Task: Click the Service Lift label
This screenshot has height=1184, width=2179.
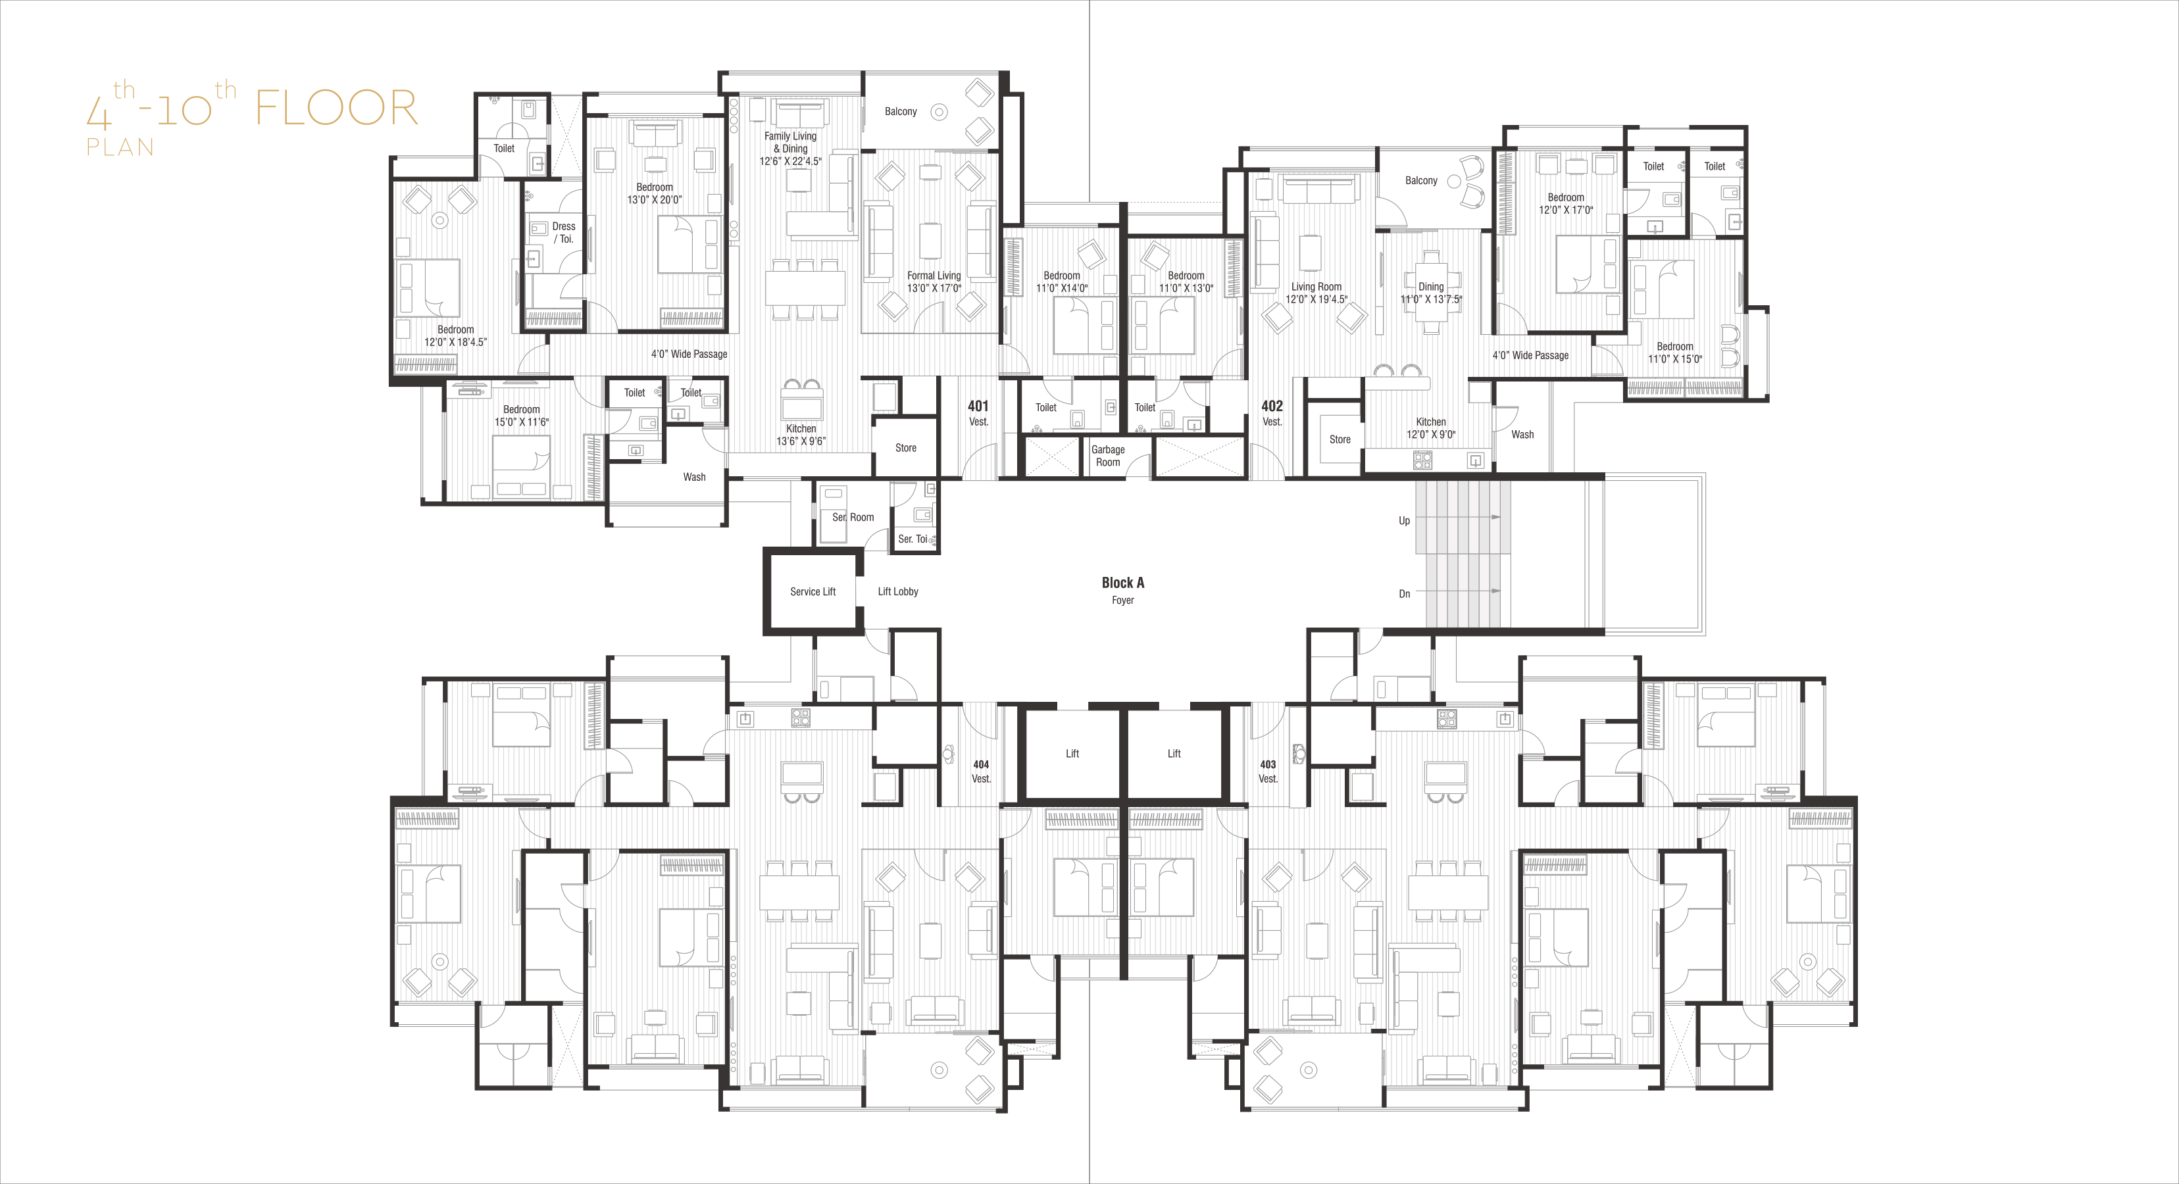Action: pyautogui.click(x=813, y=592)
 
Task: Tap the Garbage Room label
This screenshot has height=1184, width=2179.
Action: pyautogui.click(x=1108, y=456)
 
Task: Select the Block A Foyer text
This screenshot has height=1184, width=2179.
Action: pyautogui.click(x=1122, y=590)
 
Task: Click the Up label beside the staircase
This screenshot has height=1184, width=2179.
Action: pyautogui.click(x=1404, y=521)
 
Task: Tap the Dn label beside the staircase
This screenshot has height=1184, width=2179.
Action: pyautogui.click(x=1404, y=594)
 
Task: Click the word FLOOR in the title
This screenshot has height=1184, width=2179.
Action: pyautogui.click(x=337, y=109)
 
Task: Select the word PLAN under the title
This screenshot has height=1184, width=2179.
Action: pyautogui.click(x=120, y=147)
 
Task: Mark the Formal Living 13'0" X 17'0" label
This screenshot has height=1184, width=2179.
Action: pyautogui.click(x=934, y=282)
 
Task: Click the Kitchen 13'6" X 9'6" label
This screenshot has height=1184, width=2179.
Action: pyautogui.click(x=801, y=435)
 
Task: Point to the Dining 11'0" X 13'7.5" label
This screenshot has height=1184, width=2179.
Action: pyautogui.click(x=1431, y=293)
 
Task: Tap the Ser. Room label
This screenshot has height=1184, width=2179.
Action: pyautogui.click(x=853, y=518)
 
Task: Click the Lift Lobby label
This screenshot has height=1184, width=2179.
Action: pyautogui.click(x=897, y=592)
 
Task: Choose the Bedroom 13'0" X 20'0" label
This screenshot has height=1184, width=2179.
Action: pyautogui.click(x=655, y=193)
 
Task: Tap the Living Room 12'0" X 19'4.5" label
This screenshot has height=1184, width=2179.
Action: pyautogui.click(x=1316, y=293)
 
